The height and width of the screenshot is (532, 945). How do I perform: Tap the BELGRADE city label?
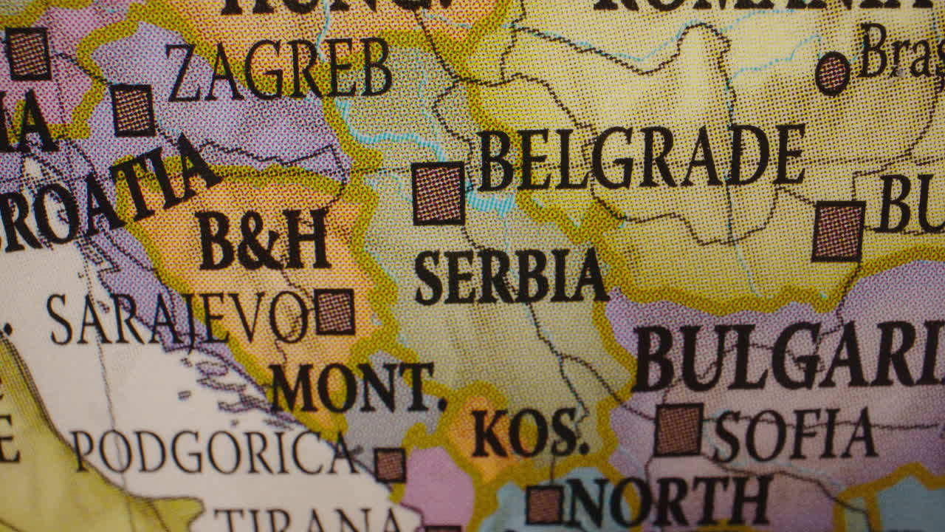tap(641, 157)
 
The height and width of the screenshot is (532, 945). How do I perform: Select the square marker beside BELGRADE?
tap(439, 194)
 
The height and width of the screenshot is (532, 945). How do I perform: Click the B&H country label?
tap(263, 240)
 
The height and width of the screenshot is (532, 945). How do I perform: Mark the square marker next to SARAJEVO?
tap(334, 312)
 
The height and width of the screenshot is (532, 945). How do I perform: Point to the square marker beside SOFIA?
tap(678, 429)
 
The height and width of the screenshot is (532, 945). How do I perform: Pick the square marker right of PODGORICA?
tap(390, 465)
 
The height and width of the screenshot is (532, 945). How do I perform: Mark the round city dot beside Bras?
tap(832, 74)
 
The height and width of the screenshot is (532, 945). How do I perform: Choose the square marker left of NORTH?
tap(544, 505)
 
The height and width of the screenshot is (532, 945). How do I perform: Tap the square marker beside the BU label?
tap(839, 231)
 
